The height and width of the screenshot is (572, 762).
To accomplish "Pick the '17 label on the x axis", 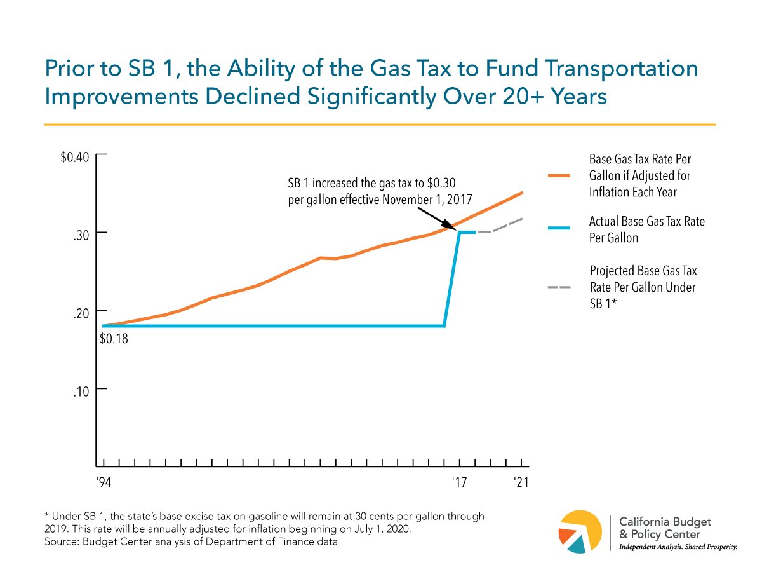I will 459,482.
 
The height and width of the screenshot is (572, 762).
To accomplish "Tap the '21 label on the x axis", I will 521,482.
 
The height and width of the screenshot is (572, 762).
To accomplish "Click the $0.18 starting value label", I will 114,339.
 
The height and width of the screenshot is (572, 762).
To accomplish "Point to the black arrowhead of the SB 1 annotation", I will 452,227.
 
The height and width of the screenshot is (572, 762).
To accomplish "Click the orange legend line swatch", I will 559,175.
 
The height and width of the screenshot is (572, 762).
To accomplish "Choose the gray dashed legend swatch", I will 559,287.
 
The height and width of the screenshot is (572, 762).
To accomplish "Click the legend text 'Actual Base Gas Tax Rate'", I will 647,222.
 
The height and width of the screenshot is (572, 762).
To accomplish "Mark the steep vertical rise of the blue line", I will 451,280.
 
